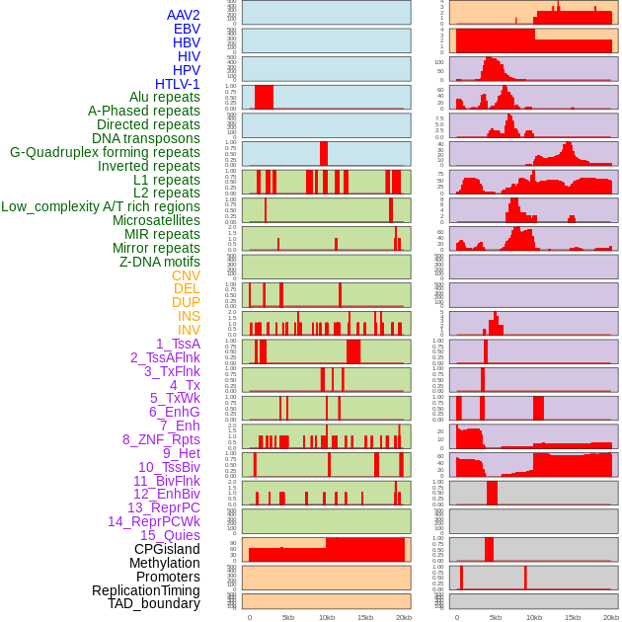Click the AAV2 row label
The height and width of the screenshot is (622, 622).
[x=184, y=16]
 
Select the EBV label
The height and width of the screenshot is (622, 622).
[x=187, y=30]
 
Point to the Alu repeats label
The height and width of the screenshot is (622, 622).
[x=165, y=98]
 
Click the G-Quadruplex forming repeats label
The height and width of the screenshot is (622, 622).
[x=105, y=152]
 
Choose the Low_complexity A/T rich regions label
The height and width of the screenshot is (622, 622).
[x=101, y=206]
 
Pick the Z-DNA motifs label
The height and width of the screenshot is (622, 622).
[x=160, y=262]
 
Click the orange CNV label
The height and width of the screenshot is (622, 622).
[x=186, y=275]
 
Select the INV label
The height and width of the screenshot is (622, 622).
[x=189, y=330]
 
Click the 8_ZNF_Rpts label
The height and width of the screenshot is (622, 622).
[x=161, y=439]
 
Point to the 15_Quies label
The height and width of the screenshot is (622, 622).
[x=170, y=535]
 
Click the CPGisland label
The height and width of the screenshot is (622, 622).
[x=167, y=549]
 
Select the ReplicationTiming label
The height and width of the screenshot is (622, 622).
[x=146, y=590]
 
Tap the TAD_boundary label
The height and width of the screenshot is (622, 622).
[x=154, y=603]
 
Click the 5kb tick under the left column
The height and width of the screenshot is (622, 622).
[x=288, y=617]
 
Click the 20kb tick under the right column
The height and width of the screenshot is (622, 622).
[x=611, y=617]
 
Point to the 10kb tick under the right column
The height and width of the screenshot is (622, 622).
[x=534, y=617]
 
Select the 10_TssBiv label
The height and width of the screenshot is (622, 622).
[x=169, y=467]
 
